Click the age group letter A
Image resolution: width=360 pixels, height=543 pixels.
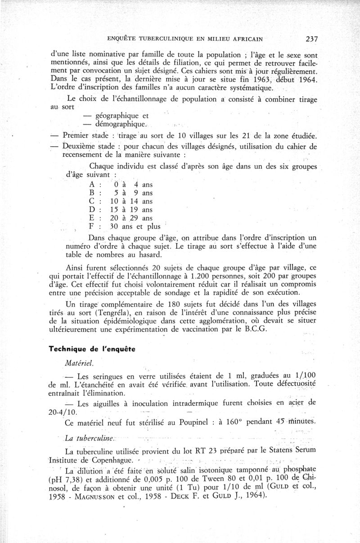point(92,184)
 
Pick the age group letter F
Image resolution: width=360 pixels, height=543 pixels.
point(92,227)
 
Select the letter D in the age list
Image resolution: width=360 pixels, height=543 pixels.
point(92,210)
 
